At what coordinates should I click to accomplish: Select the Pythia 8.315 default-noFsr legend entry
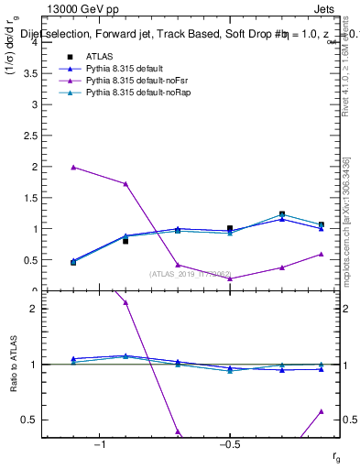[127, 81]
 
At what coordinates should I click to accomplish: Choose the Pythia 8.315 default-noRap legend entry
[128, 93]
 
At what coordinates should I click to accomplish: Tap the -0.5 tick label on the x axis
[228, 444]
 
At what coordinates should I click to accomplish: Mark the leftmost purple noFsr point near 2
[73, 167]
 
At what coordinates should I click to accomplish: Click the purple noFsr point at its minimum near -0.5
[230, 278]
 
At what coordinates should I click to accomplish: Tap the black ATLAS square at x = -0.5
[230, 228]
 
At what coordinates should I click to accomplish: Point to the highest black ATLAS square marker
[282, 214]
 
